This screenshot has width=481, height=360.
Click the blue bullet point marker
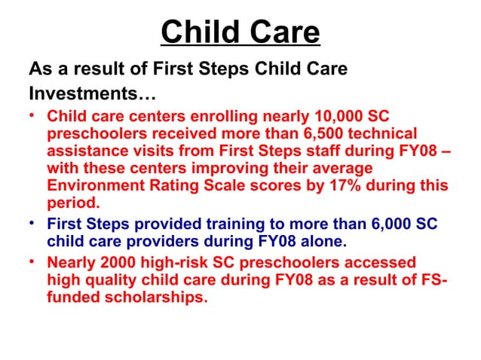tap(33, 224)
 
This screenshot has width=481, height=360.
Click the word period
tap(73, 202)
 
